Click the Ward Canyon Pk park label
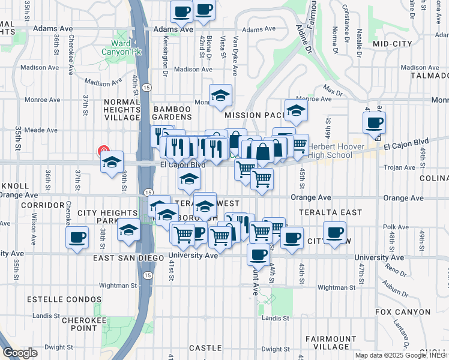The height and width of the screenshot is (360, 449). pos(126,47)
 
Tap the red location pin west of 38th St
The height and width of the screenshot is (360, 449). pos(103,152)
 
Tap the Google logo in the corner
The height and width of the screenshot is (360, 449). pos(19,352)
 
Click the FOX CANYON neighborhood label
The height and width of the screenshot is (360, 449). pos(402,312)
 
